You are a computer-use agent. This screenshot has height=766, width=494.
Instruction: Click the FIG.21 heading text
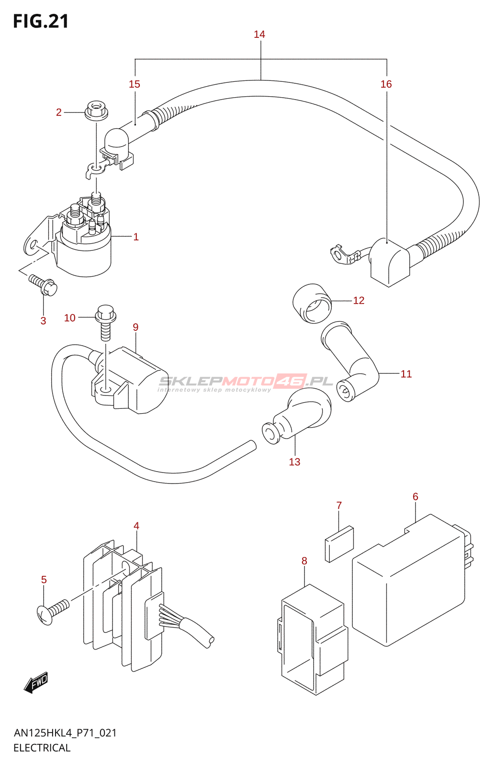(41, 21)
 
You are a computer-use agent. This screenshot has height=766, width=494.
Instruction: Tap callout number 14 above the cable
(259, 34)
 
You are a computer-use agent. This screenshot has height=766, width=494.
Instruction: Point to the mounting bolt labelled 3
(44, 285)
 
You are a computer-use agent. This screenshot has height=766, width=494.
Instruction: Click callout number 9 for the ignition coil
(136, 327)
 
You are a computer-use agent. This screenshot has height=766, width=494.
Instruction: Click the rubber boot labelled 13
(297, 416)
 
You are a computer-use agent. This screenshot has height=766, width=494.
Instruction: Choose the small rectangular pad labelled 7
(339, 544)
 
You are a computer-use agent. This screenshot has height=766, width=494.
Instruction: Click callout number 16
(386, 84)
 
